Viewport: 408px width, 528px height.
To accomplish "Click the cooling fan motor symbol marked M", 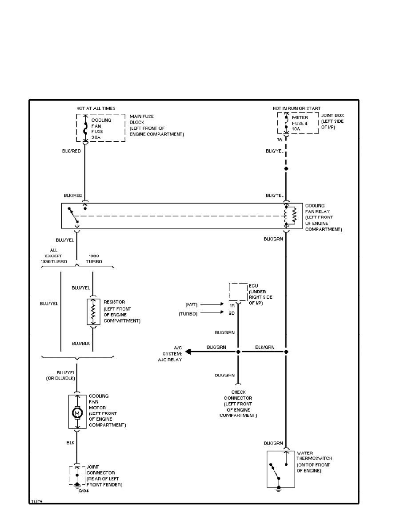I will click(77, 413).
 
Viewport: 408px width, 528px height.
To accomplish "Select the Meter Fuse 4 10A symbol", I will click(285, 123).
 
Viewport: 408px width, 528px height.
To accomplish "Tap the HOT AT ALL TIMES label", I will click(96, 108).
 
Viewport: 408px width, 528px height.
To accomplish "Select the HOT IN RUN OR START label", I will click(296, 108).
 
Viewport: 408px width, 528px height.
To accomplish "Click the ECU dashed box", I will click(238, 292).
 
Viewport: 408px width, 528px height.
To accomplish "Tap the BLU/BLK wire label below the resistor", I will click(81, 344).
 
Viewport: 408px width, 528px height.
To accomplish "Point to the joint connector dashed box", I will click(77, 475).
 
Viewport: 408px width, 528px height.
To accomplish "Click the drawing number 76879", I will click(36, 501).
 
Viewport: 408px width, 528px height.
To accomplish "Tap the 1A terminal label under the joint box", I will click(280, 140).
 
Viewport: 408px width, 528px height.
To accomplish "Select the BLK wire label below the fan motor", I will click(70, 443).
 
